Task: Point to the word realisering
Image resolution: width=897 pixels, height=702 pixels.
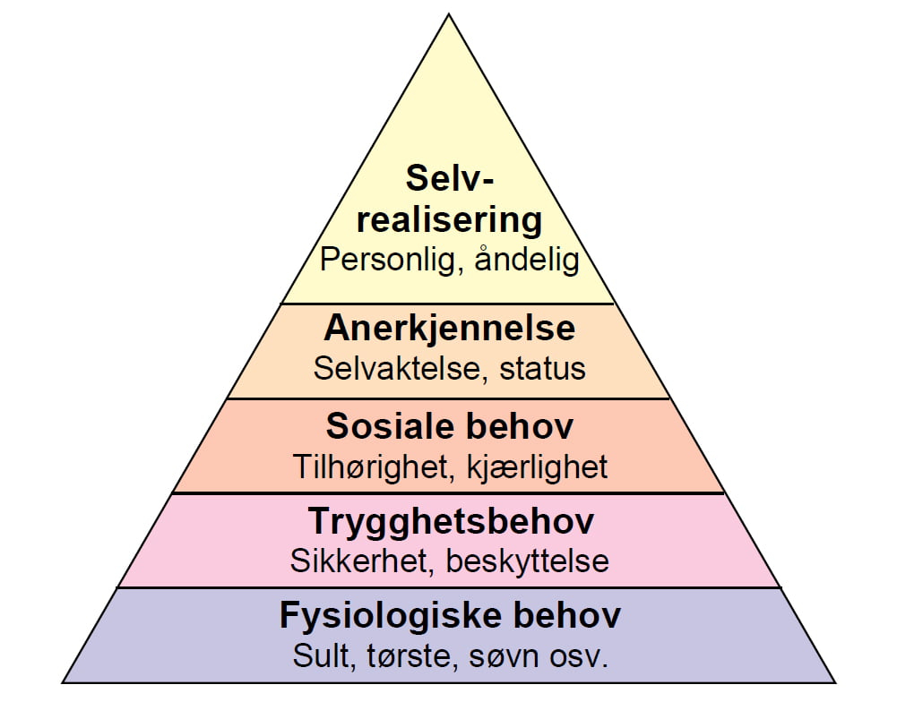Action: point(449,221)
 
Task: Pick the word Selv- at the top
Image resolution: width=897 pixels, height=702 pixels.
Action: point(450,178)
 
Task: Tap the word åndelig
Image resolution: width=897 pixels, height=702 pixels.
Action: point(528,260)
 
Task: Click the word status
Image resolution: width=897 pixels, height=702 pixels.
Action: point(543,369)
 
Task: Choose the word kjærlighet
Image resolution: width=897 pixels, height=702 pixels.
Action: point(537,467)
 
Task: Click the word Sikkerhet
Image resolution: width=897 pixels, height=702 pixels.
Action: point(359,561)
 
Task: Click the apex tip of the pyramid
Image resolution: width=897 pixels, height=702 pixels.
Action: point(449,14)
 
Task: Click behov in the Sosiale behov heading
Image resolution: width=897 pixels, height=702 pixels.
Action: point(519,426)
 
